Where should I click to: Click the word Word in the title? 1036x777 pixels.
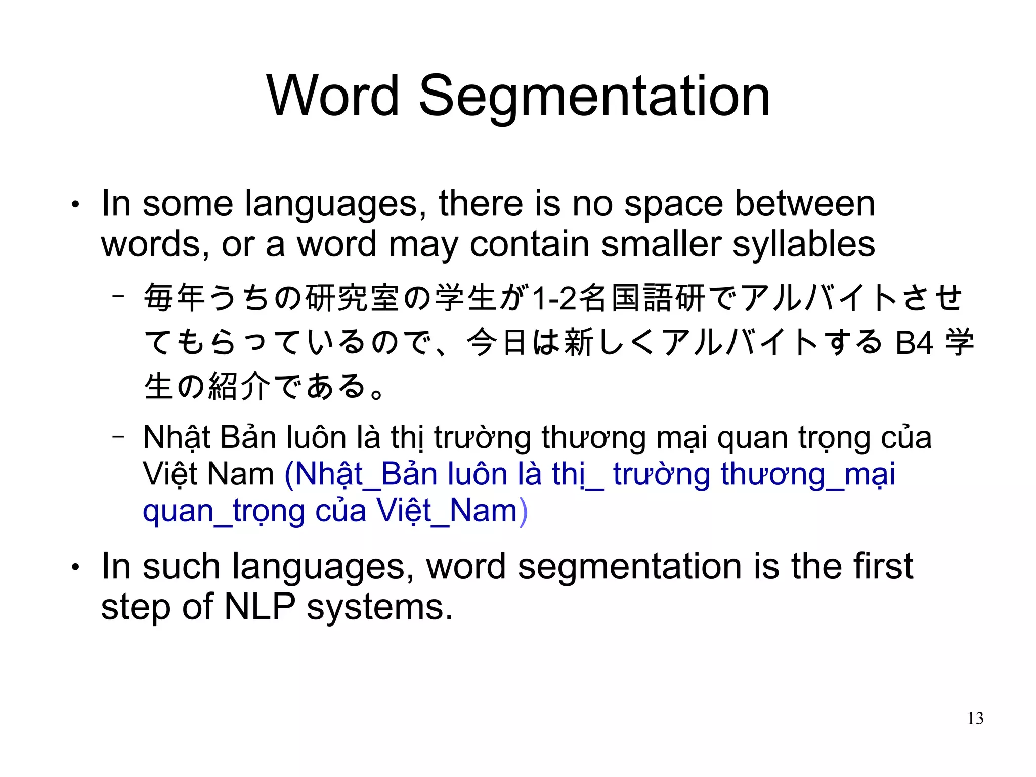[x=333, y=96]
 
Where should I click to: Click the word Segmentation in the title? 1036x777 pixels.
[x=594, y=97]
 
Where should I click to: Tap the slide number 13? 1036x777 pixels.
[x=975, y=718]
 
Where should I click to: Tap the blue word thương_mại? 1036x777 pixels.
[x=808, y=475]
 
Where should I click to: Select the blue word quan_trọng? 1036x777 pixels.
[x=224, y=512]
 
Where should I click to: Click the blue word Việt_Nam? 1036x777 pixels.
[x=447, y=511]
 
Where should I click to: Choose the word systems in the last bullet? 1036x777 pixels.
[x=379, y=607]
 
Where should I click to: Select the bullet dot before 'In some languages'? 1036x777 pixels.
[x=75, y=205]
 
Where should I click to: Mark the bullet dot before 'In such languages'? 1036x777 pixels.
[x=75, y=568]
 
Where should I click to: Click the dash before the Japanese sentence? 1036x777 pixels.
[x=118, y=296]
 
